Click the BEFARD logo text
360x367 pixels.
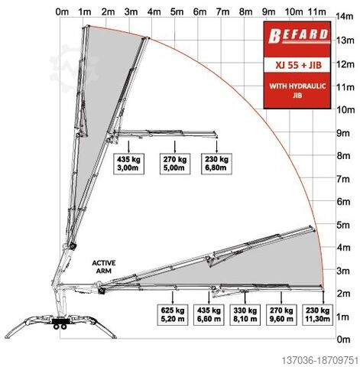click(x=298, y=36)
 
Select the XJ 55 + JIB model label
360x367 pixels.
click(x=298, y=65)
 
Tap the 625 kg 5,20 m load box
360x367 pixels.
click(x=173, y=315)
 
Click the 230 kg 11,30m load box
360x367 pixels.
click(x=318, y=315)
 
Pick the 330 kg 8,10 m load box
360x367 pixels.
click(x=245, y=315)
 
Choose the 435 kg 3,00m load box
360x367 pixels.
click(x=128, y=164)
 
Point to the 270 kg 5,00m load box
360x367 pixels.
click(x=175, y=164)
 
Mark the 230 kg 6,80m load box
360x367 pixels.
click(x=216, y=164)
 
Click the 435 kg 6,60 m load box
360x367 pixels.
click(x=209, y=315)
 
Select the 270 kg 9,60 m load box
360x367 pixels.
click(x=281, y=315)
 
